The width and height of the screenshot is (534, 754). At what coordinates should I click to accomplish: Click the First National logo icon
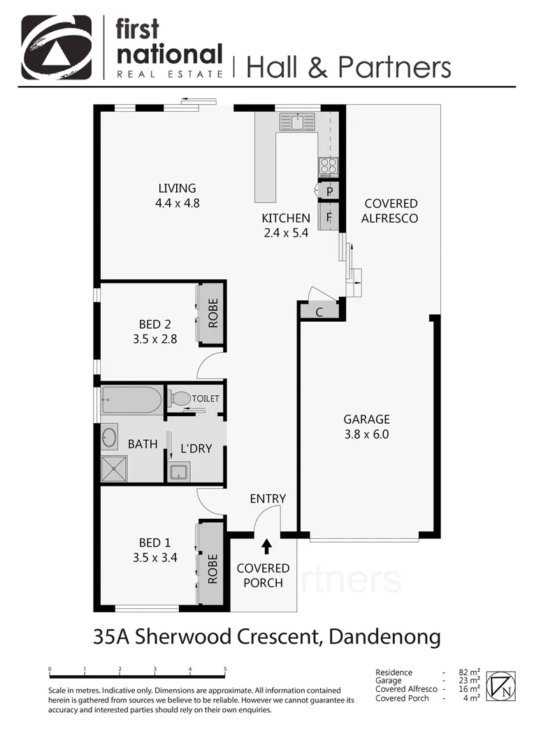56,47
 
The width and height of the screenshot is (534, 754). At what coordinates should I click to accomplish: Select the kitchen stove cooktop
328,167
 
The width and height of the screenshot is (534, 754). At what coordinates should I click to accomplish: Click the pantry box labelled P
329,191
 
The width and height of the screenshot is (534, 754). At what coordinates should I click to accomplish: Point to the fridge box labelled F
329,216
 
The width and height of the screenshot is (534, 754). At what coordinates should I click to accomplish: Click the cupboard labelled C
319,312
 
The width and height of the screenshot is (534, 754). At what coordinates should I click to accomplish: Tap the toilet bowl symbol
180,399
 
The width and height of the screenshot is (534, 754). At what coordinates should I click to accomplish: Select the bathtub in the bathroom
131,400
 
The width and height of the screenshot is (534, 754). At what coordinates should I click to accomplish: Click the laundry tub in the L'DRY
179,471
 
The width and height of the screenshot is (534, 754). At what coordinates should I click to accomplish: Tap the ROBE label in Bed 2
212,313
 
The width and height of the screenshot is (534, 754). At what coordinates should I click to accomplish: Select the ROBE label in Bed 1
212,568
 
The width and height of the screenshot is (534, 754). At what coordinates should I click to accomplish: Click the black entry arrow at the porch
266,545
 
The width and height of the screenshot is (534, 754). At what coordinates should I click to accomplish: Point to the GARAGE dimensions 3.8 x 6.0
366,434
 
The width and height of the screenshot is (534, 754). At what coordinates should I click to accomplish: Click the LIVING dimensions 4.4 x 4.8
177,203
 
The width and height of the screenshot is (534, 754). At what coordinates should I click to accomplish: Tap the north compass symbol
501,686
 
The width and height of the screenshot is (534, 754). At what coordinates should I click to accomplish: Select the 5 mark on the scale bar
225,670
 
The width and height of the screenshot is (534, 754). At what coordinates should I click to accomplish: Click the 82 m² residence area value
469,672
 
